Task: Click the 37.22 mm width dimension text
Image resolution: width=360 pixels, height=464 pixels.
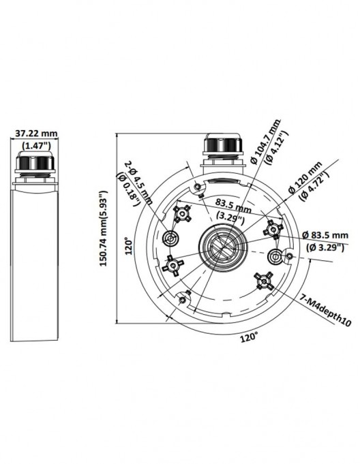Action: click(36, 134)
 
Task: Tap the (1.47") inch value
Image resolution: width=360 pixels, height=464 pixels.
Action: click(36, 145)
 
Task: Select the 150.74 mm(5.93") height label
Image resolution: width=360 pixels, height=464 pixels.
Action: click(104, 228)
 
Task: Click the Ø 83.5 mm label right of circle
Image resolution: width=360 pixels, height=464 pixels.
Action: click(330, 236)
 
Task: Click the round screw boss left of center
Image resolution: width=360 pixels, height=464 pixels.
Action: click(170, 238)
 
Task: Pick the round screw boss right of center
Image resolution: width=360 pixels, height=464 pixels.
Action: click(275, 257)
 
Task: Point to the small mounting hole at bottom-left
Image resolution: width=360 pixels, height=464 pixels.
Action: click(182, 298)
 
